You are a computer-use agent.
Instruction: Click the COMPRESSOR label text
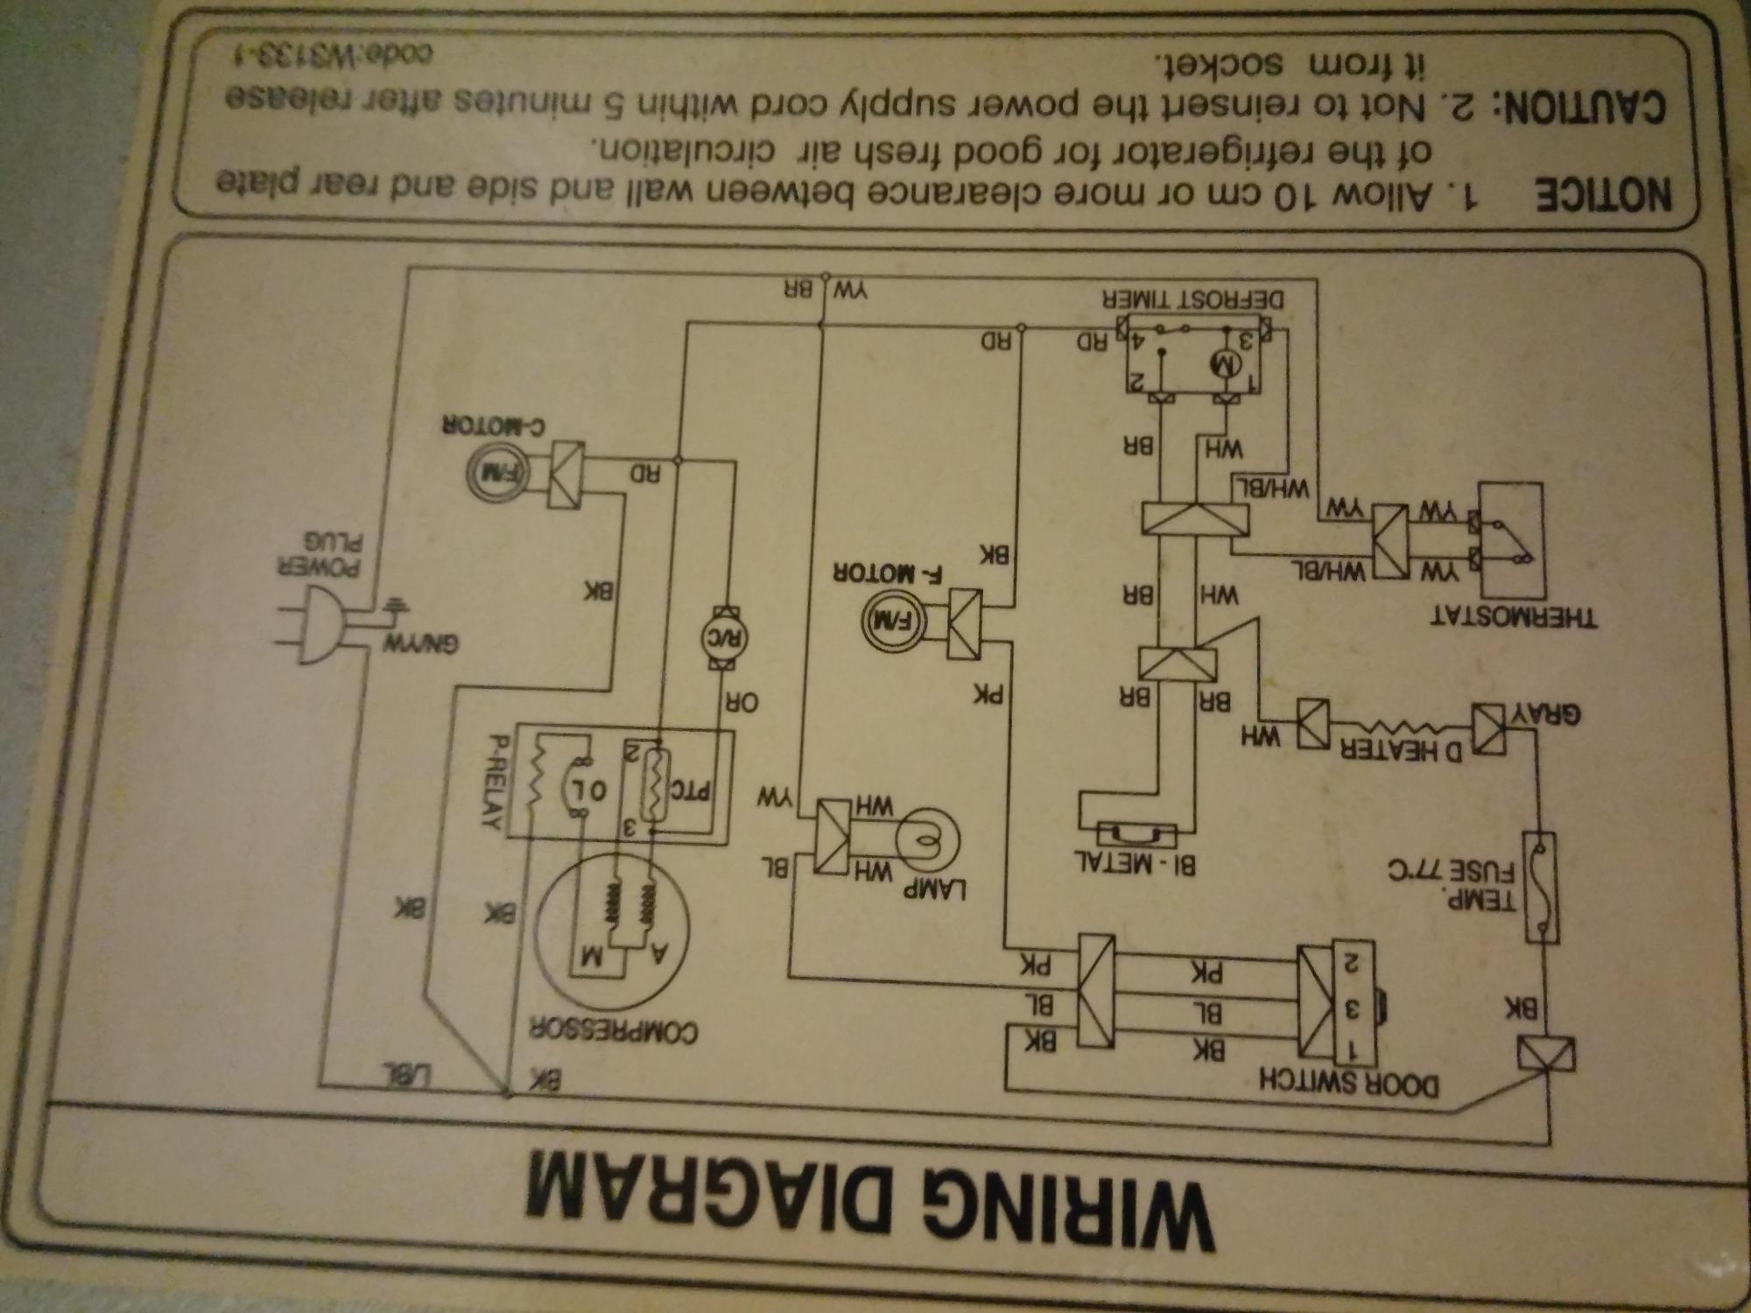click(x=612, y=1031)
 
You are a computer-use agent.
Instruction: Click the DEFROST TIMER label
click(x=1194, y=299)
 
